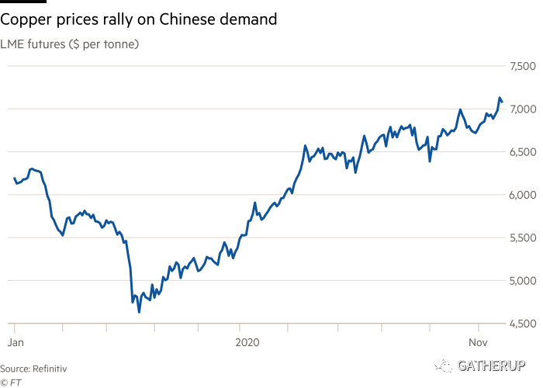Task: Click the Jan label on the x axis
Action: pyautogui.click(x=15, y=341)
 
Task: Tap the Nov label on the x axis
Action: pyautogui.click(x=479, y=341)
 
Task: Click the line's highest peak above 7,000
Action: pyautogui.click(x=500, y=98)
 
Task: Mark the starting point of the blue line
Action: pyautogui.click(x=14, y=179)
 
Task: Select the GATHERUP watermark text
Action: pyautogui.click(x=490, y=365)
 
